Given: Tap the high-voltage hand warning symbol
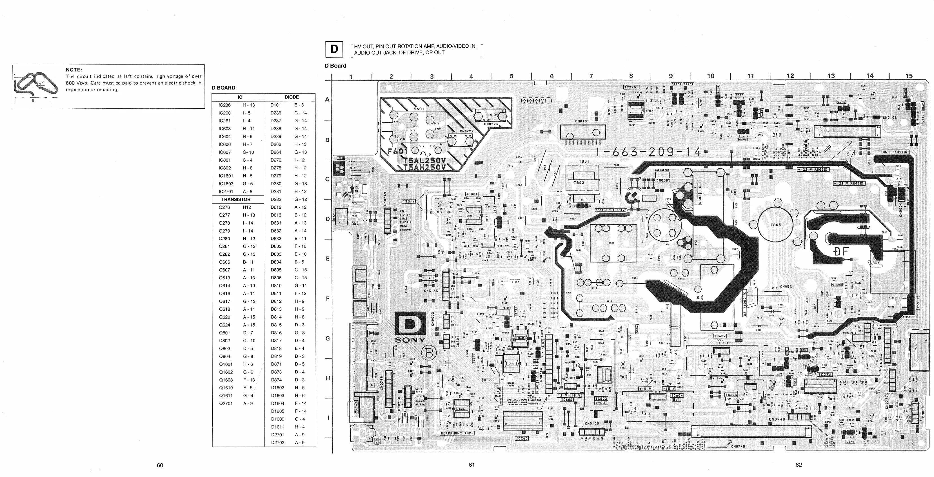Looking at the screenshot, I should click(35, 86).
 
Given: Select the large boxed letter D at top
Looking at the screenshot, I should click(334, 49).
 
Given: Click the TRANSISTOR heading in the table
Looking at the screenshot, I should click(236, 199).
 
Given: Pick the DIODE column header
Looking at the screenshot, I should click(292, 97).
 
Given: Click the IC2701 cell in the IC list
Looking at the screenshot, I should click(226, 191).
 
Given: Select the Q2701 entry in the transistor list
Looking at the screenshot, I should click(226, 404).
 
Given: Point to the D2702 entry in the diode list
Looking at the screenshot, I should click(278, 443).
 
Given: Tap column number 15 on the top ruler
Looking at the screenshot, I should click(909, 76).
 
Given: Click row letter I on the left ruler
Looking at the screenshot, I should click(328, 418).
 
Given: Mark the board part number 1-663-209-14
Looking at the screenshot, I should click(649, 152).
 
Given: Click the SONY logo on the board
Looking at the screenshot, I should click(410, 340).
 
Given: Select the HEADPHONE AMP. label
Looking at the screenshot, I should click(456, 433).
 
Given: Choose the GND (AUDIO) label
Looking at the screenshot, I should click(895, 152).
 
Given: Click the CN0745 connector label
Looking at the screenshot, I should click(738, 446).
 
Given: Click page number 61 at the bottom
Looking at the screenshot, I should click(471, 465).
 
